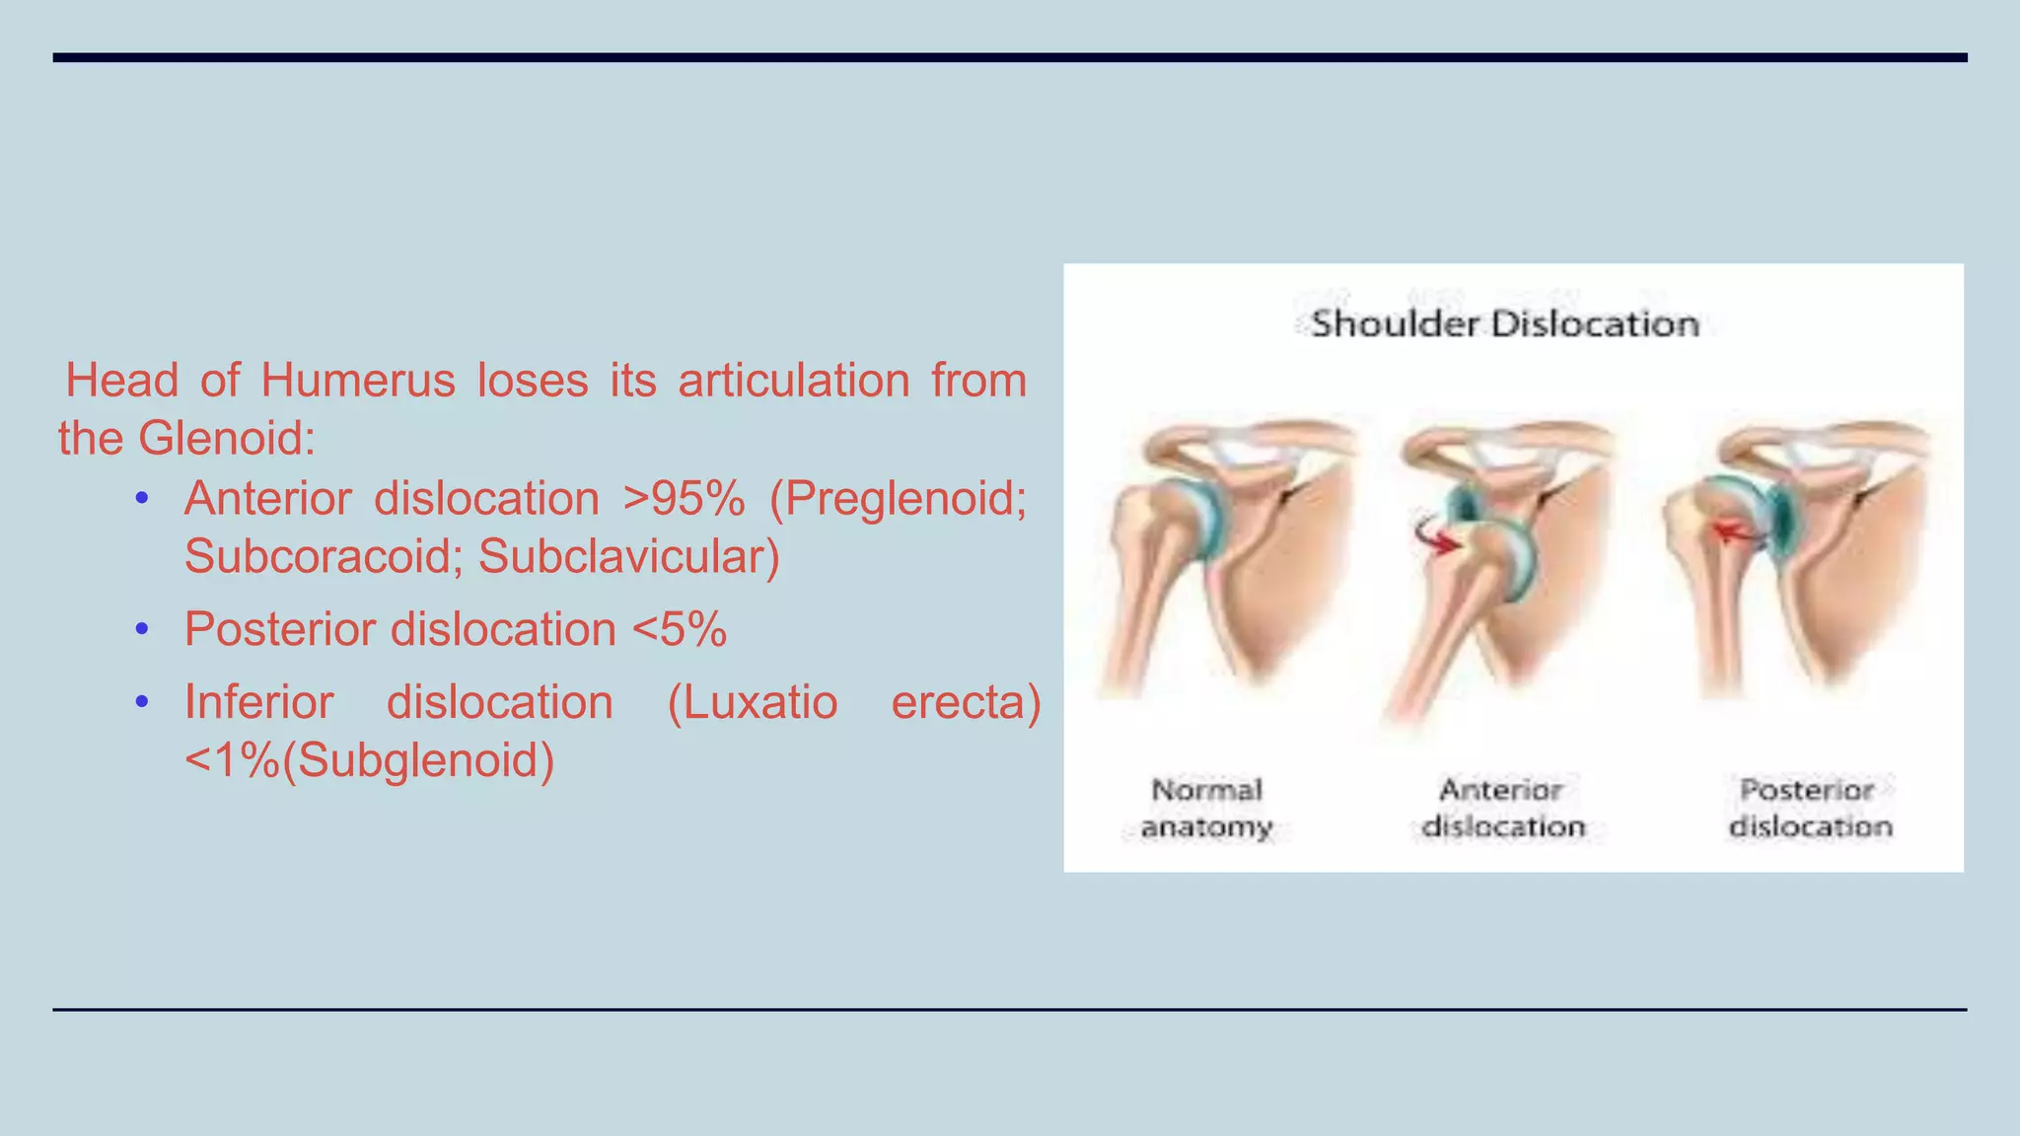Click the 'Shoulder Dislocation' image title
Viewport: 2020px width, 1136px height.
pos(1504,323)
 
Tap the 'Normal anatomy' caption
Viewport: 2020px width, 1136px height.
pos(1206,808)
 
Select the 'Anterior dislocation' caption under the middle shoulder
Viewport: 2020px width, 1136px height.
pos(1502,808)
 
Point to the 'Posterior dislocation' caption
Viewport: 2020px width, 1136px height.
pos(1810,808)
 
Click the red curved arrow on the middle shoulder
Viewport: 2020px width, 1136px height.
pos(1437,537)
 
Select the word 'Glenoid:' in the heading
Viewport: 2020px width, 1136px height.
pos(227,439)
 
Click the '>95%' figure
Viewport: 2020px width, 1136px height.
pos(684,499)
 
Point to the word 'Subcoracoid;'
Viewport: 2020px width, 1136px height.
pos(320,557)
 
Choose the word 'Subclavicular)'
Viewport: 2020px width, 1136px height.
pos(629,557)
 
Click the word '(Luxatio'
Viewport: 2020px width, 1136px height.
pos(752,703)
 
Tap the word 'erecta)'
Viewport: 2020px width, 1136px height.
pos(966,703)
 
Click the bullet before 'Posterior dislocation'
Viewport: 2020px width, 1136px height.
pos(142,629)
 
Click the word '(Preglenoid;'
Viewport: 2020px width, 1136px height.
pos(898,499)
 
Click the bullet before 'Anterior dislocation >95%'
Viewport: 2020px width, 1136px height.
pos(142,499)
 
